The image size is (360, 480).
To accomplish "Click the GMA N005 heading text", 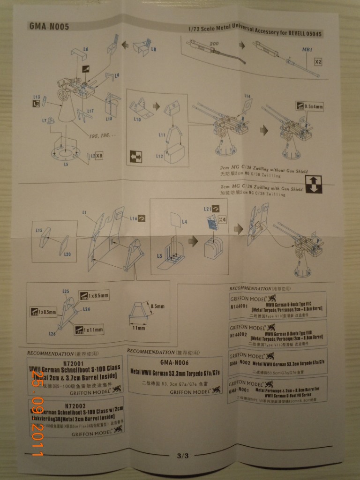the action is pyautogui.click(x=49, y=27).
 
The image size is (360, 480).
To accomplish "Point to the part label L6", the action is pyautogui.click(x=86, y=49).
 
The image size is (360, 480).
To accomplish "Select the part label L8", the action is pyautogui.click(x=154, y=49).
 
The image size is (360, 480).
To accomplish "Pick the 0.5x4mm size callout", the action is pyautogui.click(x=313, y=106).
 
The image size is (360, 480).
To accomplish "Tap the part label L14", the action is pyautogui.click(x=247, y=96).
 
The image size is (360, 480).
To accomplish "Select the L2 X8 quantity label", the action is pyautogui.click(x=96, y=155).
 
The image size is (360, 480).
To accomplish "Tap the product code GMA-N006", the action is pyautogui.click(x=174, y=362).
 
